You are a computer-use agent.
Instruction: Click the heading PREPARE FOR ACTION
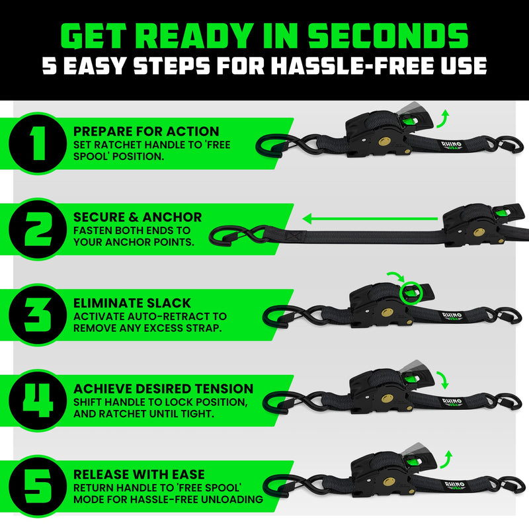click(146, 131)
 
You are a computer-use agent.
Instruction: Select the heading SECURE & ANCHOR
click(138, 217)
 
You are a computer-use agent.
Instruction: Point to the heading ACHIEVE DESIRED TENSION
click(163, 388)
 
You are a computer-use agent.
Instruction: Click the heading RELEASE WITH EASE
click(139, 474)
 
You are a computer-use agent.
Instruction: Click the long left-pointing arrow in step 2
click(370, 216)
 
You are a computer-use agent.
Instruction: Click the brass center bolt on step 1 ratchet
click(384, 142)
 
